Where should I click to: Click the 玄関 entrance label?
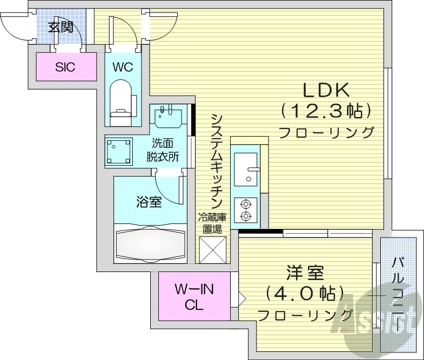coord(60,27)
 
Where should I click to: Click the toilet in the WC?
coord(122,100)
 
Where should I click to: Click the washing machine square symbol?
coord(119,151)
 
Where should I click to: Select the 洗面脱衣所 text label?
coord(164,151)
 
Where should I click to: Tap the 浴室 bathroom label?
coord(149,202)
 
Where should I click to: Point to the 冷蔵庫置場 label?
coord(212,223)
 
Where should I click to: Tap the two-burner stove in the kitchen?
coord(246,209)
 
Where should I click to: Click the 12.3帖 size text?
coord(326,111)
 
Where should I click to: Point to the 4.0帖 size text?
coord(305,294)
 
